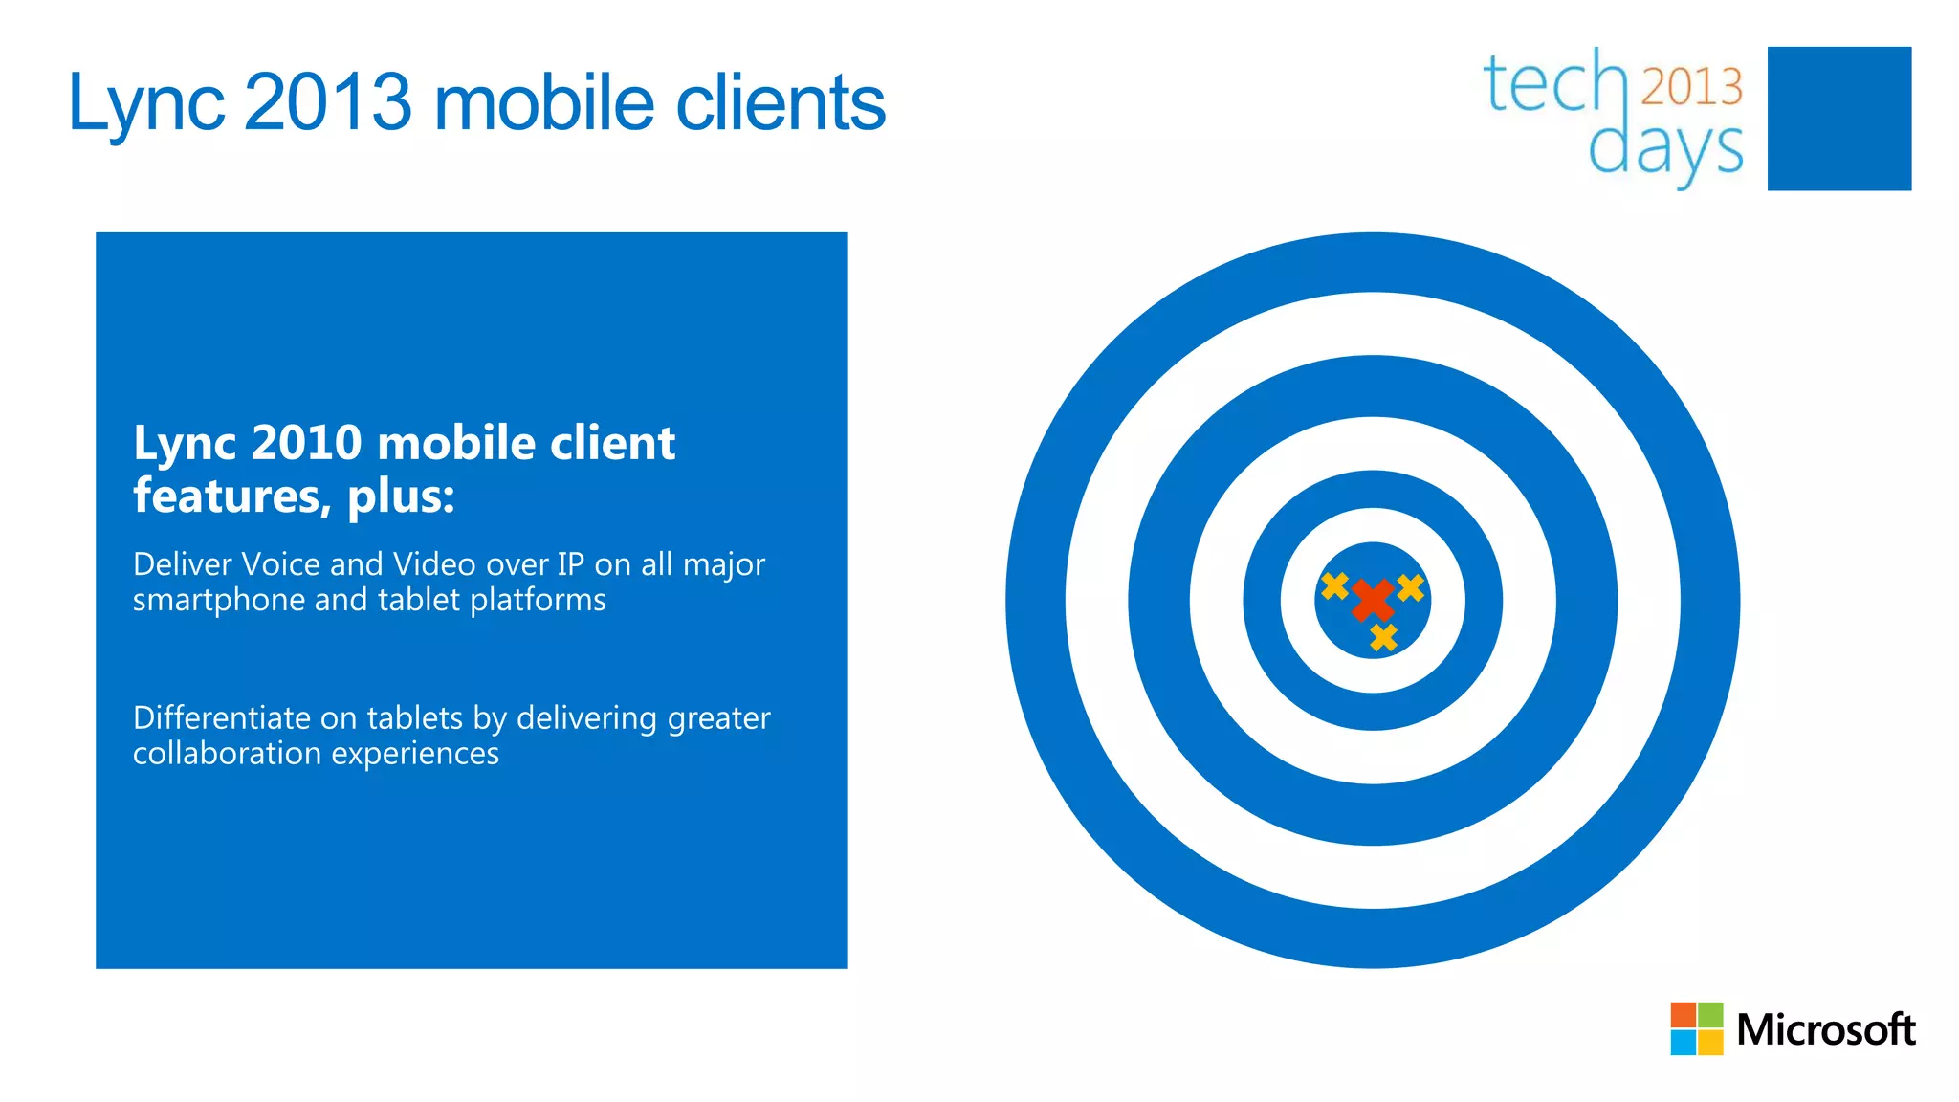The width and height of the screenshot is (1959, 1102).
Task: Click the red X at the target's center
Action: point(1373,600)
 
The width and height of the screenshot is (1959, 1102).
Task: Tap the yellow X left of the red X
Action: point(1334,585)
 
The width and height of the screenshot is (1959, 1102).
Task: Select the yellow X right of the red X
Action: point(1410,587)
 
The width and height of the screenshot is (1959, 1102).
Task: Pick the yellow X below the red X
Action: point(1383,637)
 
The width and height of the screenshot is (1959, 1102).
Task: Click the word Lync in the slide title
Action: point(146,103)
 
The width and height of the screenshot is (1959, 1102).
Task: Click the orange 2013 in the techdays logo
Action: point(1691,87)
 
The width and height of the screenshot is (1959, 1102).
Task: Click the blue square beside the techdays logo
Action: point(1838,119)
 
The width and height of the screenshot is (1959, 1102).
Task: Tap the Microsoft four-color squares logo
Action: point(1696,1028)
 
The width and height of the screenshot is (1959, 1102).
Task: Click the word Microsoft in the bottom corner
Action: point(1825,1030)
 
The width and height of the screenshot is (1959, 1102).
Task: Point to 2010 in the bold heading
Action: point(306,443)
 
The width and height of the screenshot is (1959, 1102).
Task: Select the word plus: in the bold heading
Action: point(401,496)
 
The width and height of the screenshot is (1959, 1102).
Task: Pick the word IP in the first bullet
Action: point(570,564)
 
